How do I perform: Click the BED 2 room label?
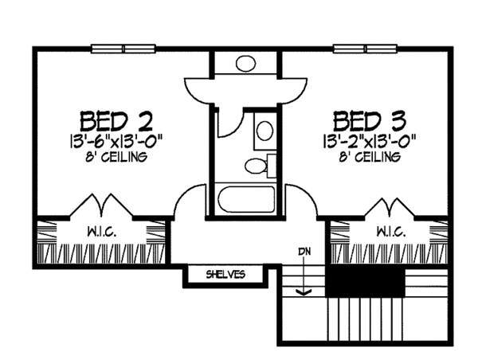point(117,122)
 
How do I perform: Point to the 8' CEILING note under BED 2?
point(117,157)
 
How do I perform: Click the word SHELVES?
point(226,275)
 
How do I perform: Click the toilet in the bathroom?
point(257,166)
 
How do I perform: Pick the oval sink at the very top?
point(245,62)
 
